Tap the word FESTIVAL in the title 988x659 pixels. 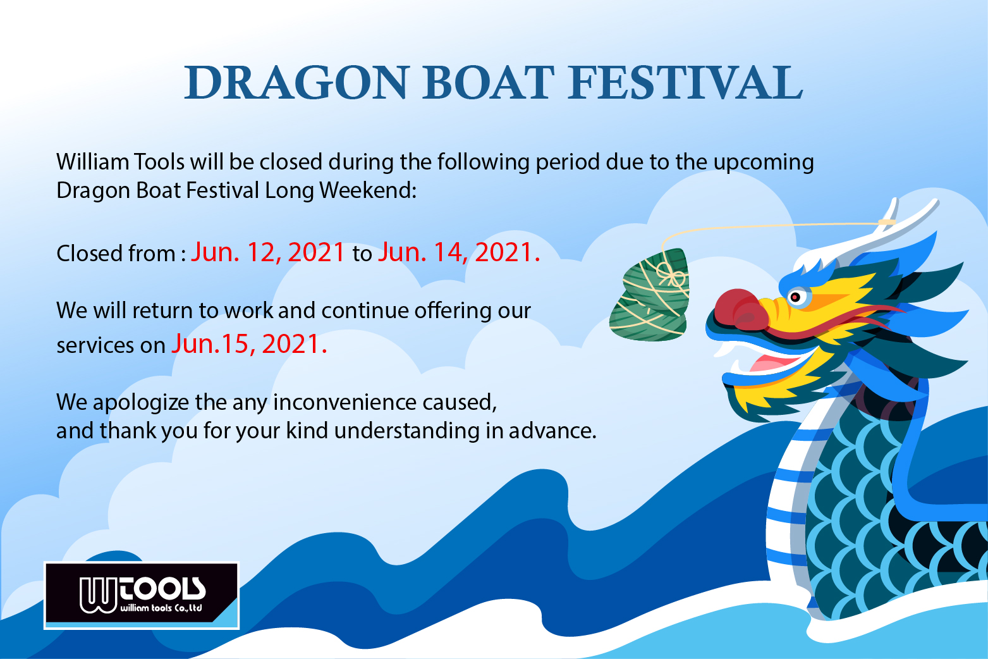[x=685, y=83]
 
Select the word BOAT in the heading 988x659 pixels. [x=488, y=83]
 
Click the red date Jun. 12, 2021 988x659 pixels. [x=267, y=252]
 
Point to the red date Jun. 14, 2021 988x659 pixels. [x=459, y=252]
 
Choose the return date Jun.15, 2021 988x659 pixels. [x=249, y=344]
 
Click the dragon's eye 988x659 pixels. [x=795, y=297]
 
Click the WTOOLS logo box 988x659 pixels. [x=142, y=595]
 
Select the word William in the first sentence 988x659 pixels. [x=92, y=161]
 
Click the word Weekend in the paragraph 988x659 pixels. [x=367, y=190]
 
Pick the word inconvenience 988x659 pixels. [x=345, y=402]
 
